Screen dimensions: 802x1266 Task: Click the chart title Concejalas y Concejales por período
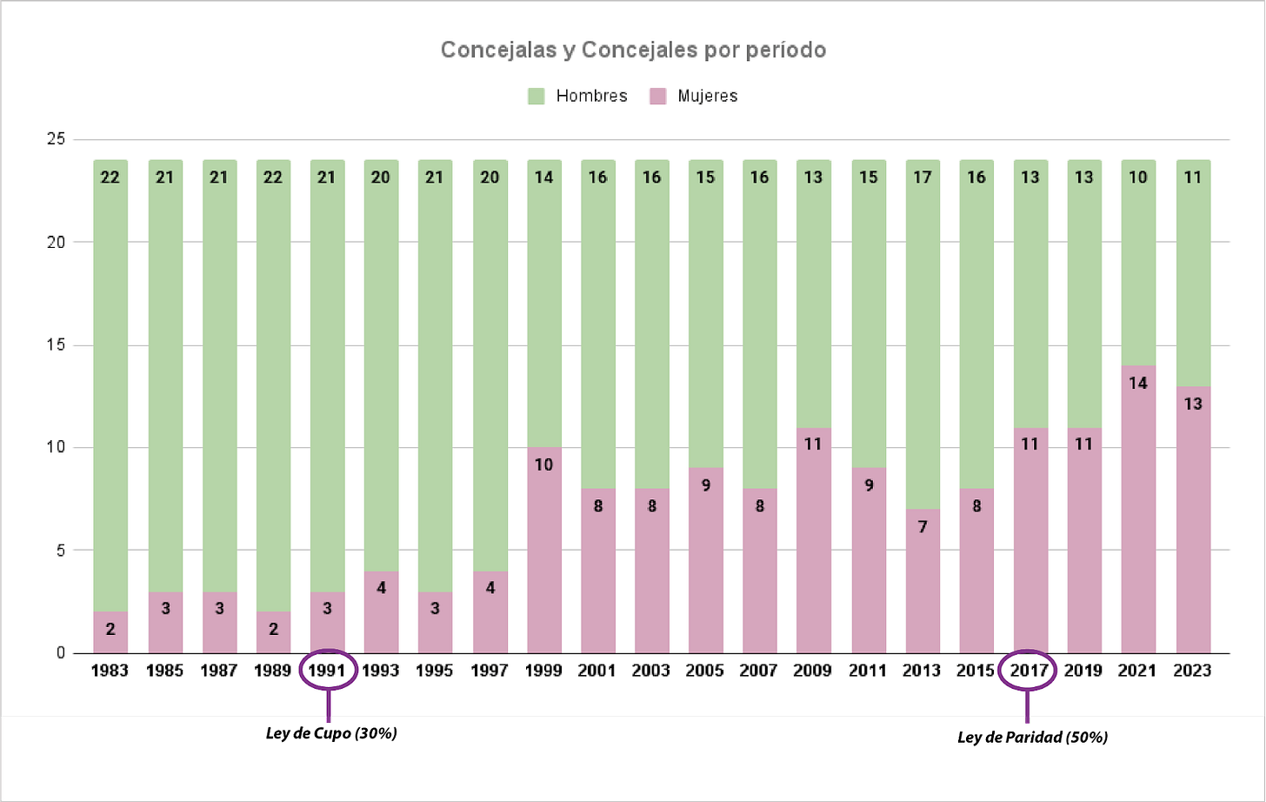pyautogui.click(x=633, y=50)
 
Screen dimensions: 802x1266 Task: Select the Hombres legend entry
pyautogui.click(x=577, y=96)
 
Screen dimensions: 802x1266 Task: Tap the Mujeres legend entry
pyautogui.click(x=694, y=96)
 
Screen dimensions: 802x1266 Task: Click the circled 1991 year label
pyautogui.click(x=328, y=671)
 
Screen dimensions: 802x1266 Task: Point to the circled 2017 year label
pyautogui.click(x=1027, y=671)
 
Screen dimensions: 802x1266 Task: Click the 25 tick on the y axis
pyautogui.click(x=59, y=139)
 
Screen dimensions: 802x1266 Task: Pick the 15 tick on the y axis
pyautogui.click(x=59, y=345)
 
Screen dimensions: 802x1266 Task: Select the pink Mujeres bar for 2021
pyautogui.click(x=1138, y=522)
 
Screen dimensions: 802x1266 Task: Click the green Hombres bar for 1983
pyautogui.click(x=110, y=391)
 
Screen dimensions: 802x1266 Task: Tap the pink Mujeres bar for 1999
pyautogui.click(x=543, y=557)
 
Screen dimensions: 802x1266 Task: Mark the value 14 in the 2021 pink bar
pyautogui.click(x=1138, y=383)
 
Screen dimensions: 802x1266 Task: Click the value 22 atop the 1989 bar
pyautogui.click(x=273, y=177)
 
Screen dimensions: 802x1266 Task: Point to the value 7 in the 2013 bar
pyautogui.click(x=922, y=526)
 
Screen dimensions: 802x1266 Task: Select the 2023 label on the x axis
pyautogui.click(x=1192, y=671)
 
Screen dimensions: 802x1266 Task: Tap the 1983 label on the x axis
pyautogui.click(x=110, y=671)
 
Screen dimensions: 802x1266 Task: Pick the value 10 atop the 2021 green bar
pyautogui.click(x=1138, y=177)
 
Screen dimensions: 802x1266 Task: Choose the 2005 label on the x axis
pyautogui.click(x=705, y=671)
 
